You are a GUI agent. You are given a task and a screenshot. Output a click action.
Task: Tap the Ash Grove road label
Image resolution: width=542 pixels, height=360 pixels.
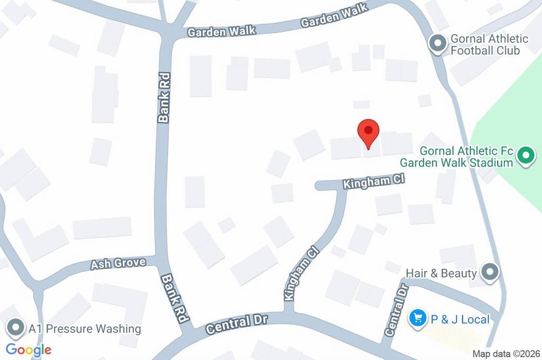click(x=118, y=263)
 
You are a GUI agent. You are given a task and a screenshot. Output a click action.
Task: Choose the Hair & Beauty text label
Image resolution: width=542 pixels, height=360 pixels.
click(x=441, y=273)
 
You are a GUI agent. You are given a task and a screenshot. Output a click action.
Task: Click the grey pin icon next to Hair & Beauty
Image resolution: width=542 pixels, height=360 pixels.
click(x=491, y=273)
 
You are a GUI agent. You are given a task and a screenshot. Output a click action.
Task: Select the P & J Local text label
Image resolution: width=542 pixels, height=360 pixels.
click(x=459, y=319)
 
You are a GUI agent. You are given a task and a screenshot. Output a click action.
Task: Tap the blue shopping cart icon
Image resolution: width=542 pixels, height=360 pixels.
click(x=418, y=318)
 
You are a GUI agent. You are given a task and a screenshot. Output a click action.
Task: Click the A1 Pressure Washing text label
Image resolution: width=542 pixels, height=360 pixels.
click(x=93, y=329)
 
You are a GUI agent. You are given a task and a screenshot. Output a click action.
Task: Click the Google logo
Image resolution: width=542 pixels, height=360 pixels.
click(x=29, y=349)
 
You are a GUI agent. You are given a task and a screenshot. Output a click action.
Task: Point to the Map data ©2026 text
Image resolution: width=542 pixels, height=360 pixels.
click(x=505, y=354)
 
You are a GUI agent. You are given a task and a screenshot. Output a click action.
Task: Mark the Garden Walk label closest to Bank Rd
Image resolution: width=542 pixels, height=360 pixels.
click(x=222, y=31)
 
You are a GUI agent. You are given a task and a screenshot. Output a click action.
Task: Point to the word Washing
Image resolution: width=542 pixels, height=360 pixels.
click(x=119, y=329)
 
